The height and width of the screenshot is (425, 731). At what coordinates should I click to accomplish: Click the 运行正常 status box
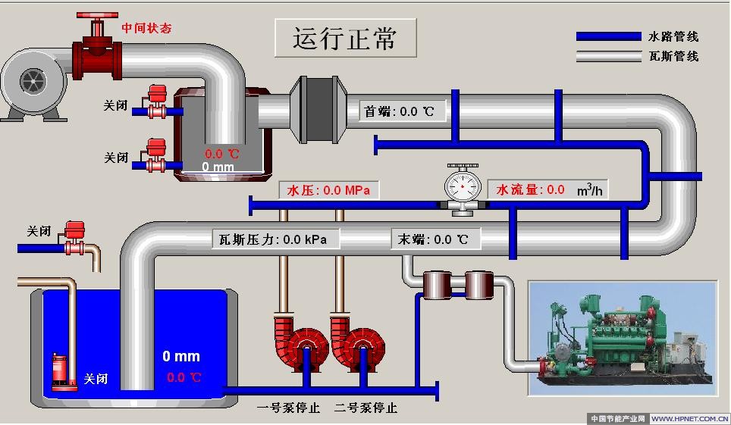(x=345, y=38)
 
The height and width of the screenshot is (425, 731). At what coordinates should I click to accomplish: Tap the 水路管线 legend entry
(x=673, y=36)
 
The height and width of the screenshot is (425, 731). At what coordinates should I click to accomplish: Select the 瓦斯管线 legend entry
(x=673, y=56)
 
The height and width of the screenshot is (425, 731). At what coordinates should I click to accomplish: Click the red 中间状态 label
(x=146, y=29)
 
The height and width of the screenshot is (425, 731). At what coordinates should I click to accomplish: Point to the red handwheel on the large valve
(x=97, y=16)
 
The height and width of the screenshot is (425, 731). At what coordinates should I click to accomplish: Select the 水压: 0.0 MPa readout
(x=328, y=190)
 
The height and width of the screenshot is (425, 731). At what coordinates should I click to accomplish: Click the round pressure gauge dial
(x=463, y=184)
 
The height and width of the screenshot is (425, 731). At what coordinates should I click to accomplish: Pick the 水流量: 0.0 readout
(x=530, y=189)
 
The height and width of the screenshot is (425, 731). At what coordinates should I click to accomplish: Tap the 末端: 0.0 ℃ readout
(x=435, y=239)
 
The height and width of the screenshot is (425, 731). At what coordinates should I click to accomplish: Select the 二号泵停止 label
(x=365, y=408)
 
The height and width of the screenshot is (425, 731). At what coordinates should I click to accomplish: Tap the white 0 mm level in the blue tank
(x=181, y=356)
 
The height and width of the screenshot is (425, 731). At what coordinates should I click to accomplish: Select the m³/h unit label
(x=589, y=190)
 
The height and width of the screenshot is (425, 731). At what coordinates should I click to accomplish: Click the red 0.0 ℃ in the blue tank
(x=184, y=377)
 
